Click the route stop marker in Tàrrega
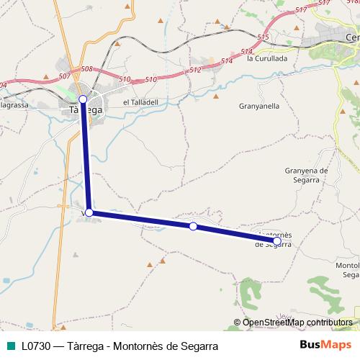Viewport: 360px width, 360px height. point(83,99)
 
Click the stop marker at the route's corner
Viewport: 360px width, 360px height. point(89,212)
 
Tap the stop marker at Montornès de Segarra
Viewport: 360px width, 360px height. point(277,240)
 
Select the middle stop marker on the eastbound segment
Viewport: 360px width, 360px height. point(193,227)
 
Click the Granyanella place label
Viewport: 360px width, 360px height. point(258,105)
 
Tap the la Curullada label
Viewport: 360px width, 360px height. point(267,58)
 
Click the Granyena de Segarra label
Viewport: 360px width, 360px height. point(306,175)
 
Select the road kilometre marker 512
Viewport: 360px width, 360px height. point(195,71)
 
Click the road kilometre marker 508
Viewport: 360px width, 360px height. point(87,69)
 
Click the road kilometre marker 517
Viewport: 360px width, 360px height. point(301,10)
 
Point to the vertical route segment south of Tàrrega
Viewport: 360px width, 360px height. point(86,156)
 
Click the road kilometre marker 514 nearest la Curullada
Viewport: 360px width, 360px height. point(247,51)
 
